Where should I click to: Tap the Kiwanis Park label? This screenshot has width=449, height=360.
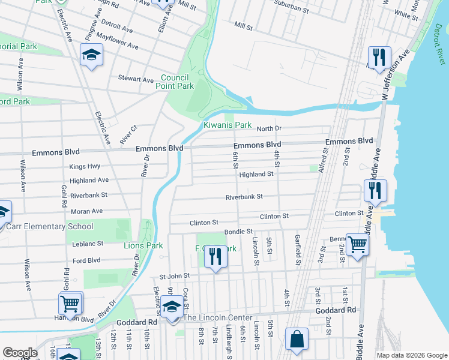[227, 125]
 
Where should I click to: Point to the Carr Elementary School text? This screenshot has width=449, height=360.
[50, 226]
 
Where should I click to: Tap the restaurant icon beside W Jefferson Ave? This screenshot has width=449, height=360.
[379, 58]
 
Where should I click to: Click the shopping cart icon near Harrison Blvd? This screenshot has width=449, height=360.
[70, 304]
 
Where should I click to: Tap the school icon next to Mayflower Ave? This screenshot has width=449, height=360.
[91, 56]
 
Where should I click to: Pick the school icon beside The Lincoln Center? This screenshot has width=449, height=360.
[172, 307]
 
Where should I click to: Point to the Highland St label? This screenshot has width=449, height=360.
[256, 175]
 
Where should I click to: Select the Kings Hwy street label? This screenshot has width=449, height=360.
[85, 166]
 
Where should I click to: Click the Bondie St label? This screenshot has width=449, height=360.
[238, 231]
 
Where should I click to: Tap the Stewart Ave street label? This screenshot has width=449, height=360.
[136, 79]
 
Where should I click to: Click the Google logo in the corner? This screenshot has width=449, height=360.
[20, 353]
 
